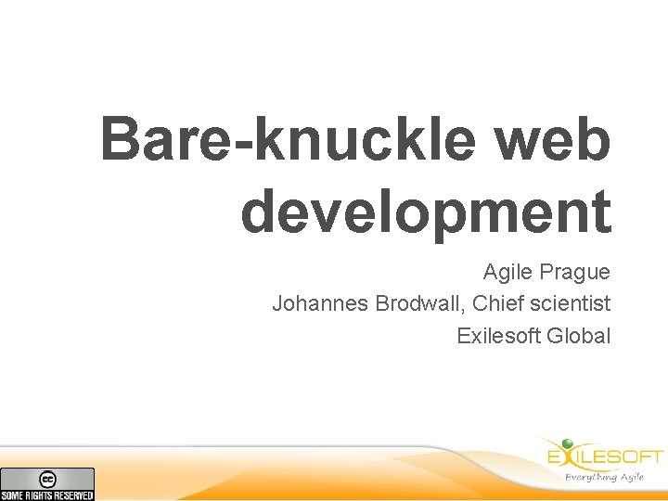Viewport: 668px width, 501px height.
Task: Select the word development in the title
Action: (426, 212)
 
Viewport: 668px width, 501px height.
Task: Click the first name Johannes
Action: (320, 303)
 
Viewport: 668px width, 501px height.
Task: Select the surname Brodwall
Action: (415, 303)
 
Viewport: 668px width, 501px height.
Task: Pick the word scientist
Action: (568, 303)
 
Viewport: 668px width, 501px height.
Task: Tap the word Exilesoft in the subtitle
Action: (498, 335)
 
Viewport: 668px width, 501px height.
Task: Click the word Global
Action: (579, 335)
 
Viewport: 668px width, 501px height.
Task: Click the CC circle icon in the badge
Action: (47, 479)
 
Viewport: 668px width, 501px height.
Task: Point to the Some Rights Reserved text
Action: (47, 495)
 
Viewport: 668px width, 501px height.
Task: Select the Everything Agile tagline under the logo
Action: (604, 477)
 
